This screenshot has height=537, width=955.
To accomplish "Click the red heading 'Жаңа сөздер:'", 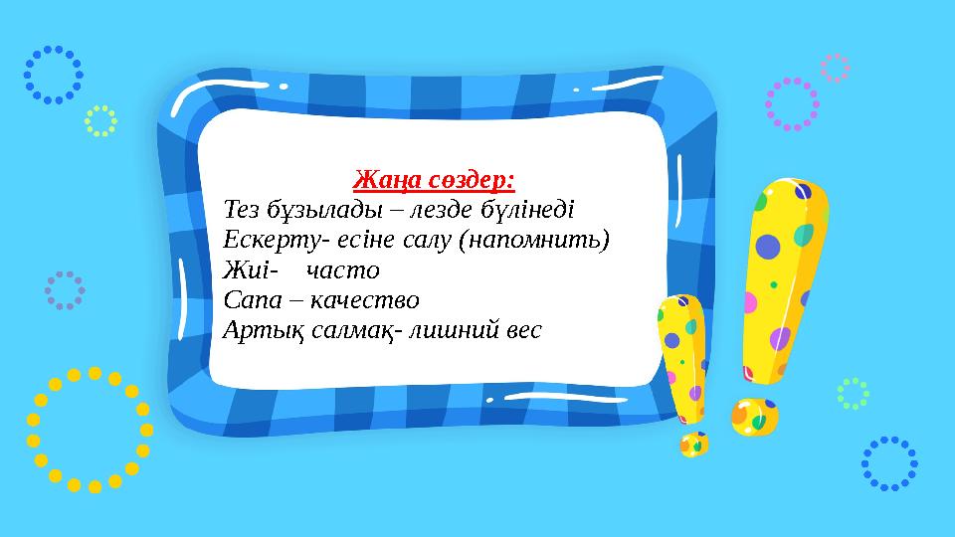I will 434,181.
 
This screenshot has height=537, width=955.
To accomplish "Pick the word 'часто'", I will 343,270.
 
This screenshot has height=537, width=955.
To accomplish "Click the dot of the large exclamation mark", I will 754,417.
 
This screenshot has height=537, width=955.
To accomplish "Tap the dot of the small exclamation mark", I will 693,444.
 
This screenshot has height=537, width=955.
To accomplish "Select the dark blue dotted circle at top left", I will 54,75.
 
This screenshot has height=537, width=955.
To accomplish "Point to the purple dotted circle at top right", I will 792,104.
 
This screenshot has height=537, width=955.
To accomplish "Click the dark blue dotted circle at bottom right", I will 888,463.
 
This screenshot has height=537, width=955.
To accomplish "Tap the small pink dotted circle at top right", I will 835,68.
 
